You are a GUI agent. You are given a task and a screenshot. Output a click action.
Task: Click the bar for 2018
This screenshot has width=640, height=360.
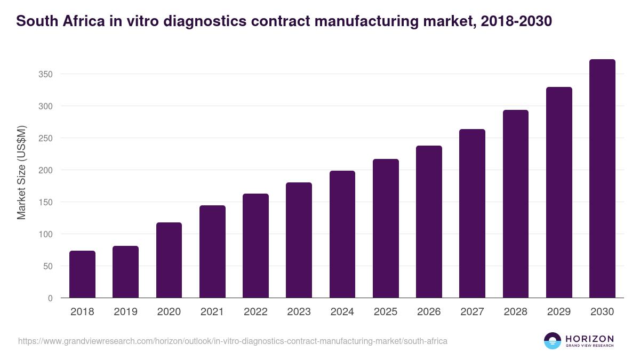(82, 274)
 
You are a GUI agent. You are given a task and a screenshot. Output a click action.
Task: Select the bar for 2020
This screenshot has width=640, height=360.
(169, 260)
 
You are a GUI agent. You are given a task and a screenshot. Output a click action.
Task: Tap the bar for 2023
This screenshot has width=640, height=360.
(299, 240)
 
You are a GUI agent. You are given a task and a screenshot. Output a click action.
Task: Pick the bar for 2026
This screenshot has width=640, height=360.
(429, 222)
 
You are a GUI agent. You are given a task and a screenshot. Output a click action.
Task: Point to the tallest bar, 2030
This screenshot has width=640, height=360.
(602, 179)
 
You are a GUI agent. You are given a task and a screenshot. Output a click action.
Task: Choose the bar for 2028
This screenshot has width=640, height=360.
(516, 204)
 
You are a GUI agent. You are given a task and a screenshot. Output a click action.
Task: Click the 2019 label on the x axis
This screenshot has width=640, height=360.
(126, 312)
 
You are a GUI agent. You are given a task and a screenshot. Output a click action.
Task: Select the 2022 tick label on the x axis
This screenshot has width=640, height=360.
(255, 312)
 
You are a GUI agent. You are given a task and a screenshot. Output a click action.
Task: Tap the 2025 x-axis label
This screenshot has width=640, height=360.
(386, 312)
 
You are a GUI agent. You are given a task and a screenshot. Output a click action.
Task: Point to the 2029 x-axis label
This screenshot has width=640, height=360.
(559, 312)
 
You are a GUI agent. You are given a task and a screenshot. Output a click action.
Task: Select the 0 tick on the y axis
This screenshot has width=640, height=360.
(50, 298)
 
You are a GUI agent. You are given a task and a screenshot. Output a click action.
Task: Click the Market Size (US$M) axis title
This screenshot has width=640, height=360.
(21, 172)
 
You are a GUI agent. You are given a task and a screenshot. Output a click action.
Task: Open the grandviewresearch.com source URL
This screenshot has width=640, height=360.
(233, 341)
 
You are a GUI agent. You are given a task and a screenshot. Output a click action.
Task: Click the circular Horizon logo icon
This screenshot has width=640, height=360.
(553, 341)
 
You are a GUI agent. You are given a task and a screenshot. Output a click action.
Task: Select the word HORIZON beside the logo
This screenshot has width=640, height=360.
(589, 338)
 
